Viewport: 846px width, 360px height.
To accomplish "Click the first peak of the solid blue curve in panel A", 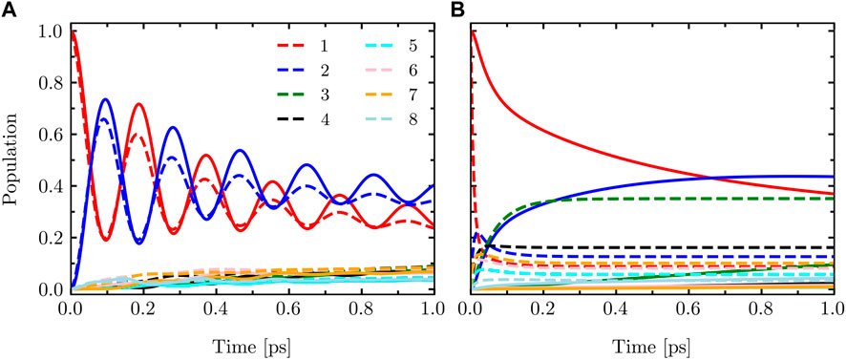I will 106,99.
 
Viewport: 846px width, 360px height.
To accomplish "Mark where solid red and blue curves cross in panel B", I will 711,177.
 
